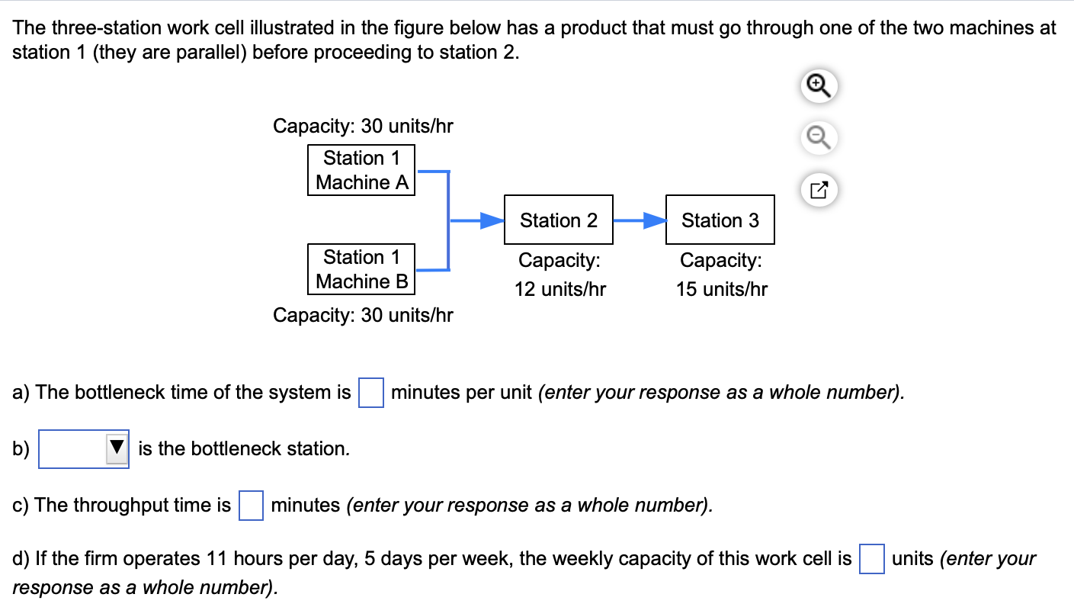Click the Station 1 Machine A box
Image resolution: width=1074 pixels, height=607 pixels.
coord(361,170)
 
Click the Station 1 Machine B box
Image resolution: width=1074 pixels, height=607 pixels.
coord(361,269)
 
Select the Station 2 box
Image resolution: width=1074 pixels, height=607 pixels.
coord(559,220)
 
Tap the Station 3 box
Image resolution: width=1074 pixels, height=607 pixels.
coord(720,220)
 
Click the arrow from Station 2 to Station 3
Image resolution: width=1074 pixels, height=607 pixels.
coord(640,220)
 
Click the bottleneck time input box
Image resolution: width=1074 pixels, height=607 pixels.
coord(370,393)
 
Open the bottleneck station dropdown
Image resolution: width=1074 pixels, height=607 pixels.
coord(84,448)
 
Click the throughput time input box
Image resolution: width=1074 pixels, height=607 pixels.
coord(251,505)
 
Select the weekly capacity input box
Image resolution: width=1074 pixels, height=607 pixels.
coord(871,559)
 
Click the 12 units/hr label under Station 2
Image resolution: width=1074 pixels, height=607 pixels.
coord(560,290)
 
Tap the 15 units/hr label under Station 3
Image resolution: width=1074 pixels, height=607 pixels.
coord(721,290)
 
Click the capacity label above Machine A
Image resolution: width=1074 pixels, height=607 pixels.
coord(363,126)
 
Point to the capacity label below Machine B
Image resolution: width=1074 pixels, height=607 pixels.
coord(363,315)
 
